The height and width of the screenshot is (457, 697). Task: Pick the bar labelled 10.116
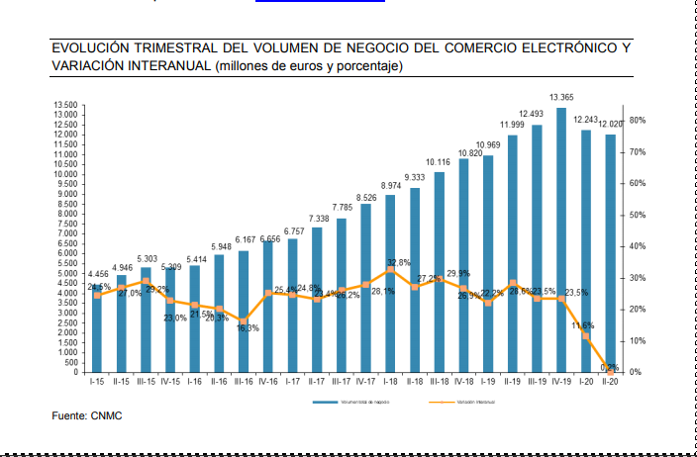pyautogui.click(x=439, y=272)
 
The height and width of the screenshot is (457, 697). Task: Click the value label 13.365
pyautogui.click(x=560, y=97)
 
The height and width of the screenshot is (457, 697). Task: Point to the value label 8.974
pyautogui.click(x=390, y=185)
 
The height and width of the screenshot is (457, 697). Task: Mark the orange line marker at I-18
pyautogui.click(x=390, y=269)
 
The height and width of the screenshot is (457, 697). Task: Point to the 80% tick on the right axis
pyautogui.click(x=638, y=120)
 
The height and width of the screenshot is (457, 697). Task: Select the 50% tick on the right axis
pyautogui.click(x=638, y=215)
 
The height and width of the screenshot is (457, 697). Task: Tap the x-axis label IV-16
pyautogui.click(x=268, y=381)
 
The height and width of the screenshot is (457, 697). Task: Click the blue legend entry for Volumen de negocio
pyautogui.click(x=355, y=404)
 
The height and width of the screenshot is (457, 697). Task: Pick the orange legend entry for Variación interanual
pyautogui.click(x=471, y=404)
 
